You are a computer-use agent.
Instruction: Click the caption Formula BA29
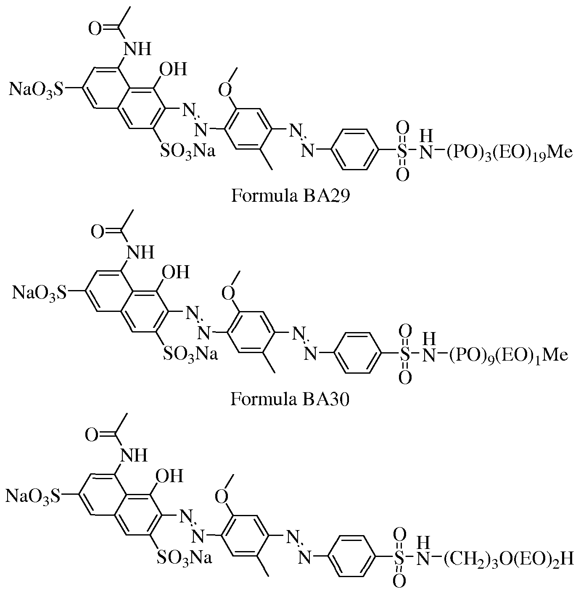290,196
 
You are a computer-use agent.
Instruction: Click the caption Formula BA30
290,399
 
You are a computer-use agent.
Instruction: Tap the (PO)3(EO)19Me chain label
509,152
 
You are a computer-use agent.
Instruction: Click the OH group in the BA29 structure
173,69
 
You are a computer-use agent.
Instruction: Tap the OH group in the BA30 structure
175,272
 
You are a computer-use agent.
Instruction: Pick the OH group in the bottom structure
169,476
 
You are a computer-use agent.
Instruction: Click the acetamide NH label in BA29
137,49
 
